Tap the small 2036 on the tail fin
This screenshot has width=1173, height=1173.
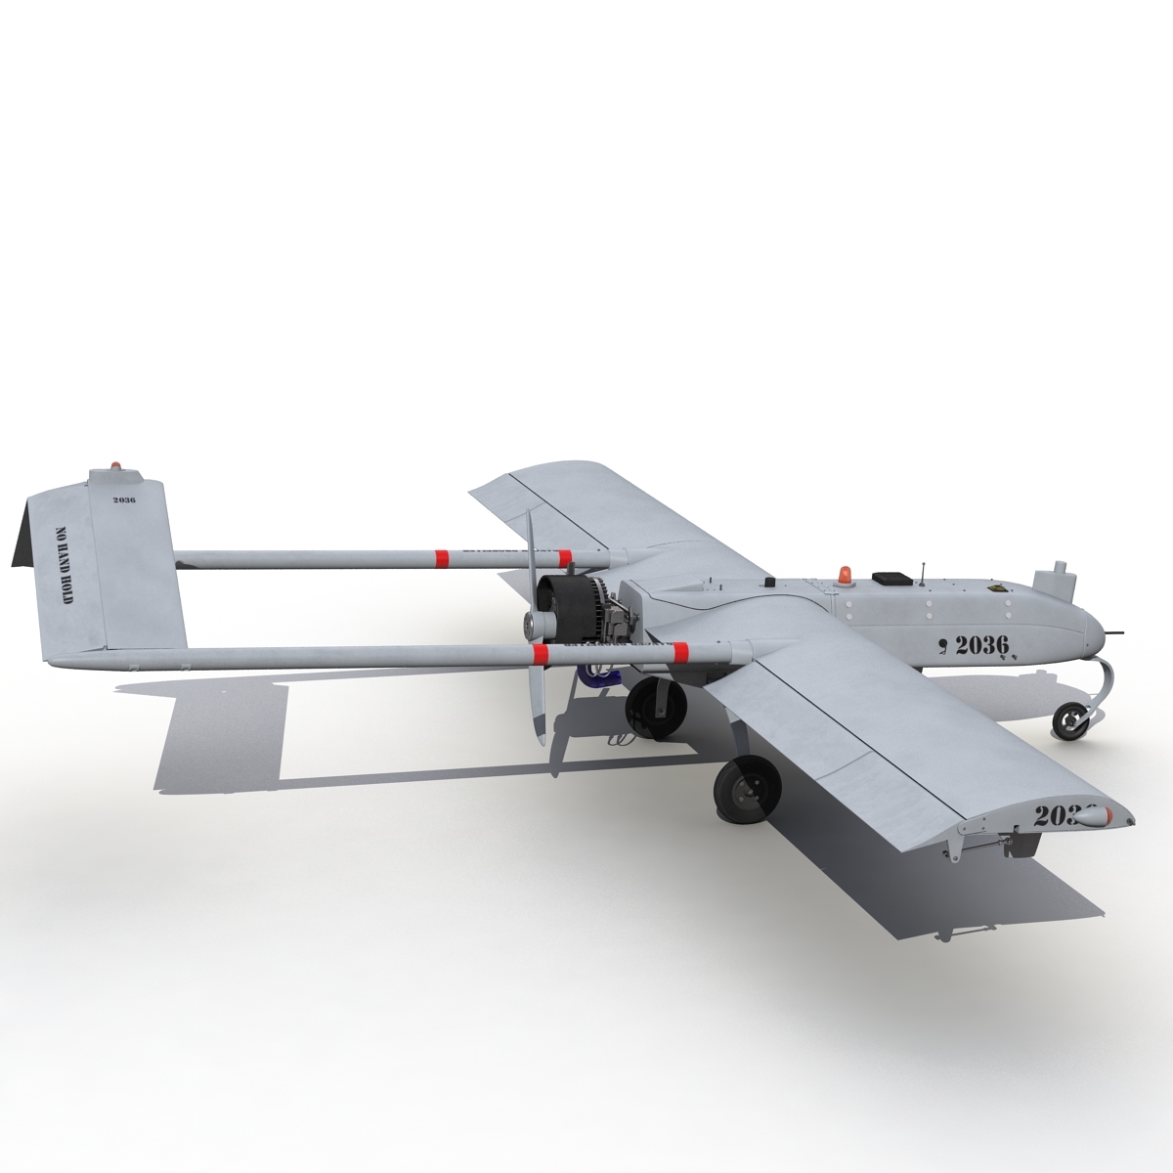(x=124, y=500)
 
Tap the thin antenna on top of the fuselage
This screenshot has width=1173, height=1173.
(x=926, y=571)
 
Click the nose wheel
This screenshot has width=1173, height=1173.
(x=1072, y=721)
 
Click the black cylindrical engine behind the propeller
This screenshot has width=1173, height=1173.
(x=567, y=602)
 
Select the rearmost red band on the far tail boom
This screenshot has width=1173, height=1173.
(x=441, y=558)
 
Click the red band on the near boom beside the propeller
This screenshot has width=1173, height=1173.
(x=539, y=652)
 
